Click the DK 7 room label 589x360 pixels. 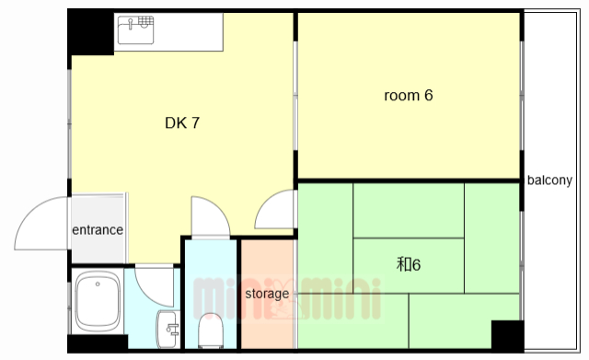[182, 122]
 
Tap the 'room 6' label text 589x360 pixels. [409, 96]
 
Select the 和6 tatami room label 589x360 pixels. [409, 264]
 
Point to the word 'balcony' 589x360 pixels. [549, 180]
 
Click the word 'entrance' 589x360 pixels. [98, 230]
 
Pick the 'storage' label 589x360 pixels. [267, 294]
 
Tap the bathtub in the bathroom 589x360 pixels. [98, 302]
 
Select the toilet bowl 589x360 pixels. [211, 330]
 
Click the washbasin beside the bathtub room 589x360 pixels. [167, 329]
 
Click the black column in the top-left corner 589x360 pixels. [90, 32]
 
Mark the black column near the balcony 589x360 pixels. [507, 335]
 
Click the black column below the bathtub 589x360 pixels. [98, 343]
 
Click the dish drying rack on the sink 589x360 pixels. [145, 22]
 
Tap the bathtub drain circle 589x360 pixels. [98, 285]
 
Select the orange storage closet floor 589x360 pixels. [267, 295]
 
